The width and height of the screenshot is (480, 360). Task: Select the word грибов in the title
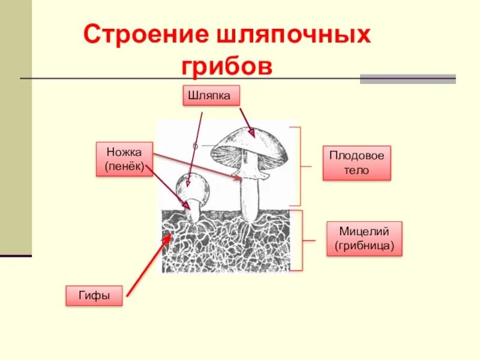click(x=227, y=65)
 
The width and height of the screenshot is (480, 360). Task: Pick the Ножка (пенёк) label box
click(x=124, y=159)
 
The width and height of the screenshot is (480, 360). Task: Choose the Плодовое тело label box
click(x=356, y=163)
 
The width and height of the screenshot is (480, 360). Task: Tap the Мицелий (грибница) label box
click(x=364, y=239)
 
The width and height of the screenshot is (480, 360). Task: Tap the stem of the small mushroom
click(x=194, y=211)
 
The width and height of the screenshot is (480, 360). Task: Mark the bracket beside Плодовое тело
click(x=298, y=166)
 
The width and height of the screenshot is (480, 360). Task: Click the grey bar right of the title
click(x=407, y=79)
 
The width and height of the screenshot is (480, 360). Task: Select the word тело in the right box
click(x=356, y=170)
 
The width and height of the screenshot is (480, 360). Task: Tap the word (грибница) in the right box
click(x=364, y=246)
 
